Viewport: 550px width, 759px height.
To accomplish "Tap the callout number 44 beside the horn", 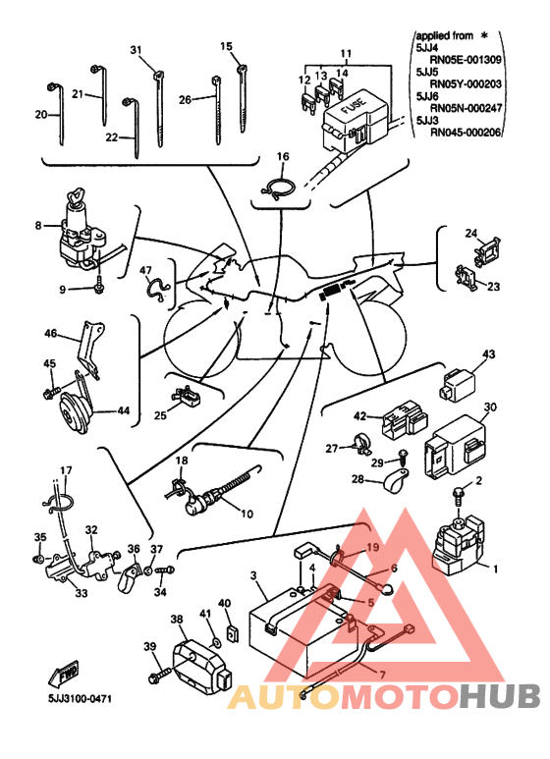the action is pyautogui.click(x=124, y=410).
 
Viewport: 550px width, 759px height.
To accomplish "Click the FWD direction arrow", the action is pyautogui.click(x=64, y=675).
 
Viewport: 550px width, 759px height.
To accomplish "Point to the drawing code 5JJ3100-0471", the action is pyautogui.click(x=80, y=699).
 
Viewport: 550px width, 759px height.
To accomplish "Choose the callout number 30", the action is pyautogui.click(x=490, y=407).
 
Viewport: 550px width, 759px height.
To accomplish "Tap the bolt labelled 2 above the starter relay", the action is pyautogui.click(x=458, y=493).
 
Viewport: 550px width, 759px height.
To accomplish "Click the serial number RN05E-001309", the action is pyautogui.click(x=466, y=60).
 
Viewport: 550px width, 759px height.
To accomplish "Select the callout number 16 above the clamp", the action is pyautogui.click(x=283, y=156).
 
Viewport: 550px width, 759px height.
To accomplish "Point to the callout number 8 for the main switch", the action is pyautogui.click(x=38, y=225).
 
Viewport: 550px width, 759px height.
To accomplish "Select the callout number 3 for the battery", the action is pyautogui.click(x=253, y=575).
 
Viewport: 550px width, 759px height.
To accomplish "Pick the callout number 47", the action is pyautogui.click(x=145, y=271).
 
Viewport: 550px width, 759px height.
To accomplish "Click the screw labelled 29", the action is pyautogui.click(x=403, y=457).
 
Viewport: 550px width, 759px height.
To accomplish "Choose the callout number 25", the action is pyautogui.click(x=160, y=415).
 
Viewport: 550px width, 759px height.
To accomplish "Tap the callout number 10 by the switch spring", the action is pyautogui.click(x=247, y=514).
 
